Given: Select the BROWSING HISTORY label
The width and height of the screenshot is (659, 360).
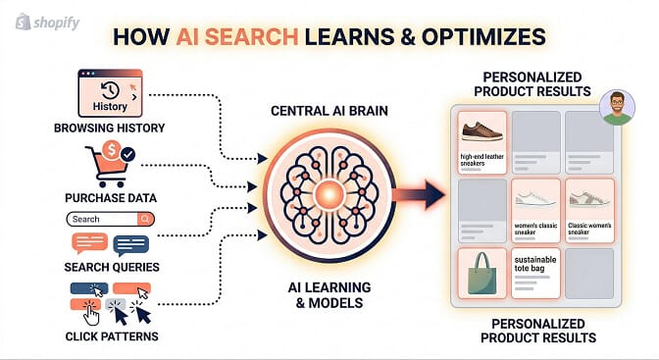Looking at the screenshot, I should [x=110, y=127].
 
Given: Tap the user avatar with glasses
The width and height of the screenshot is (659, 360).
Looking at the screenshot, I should [x=616, y=105].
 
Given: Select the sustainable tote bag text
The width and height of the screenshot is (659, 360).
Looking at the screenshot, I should [x=535, y=260].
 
